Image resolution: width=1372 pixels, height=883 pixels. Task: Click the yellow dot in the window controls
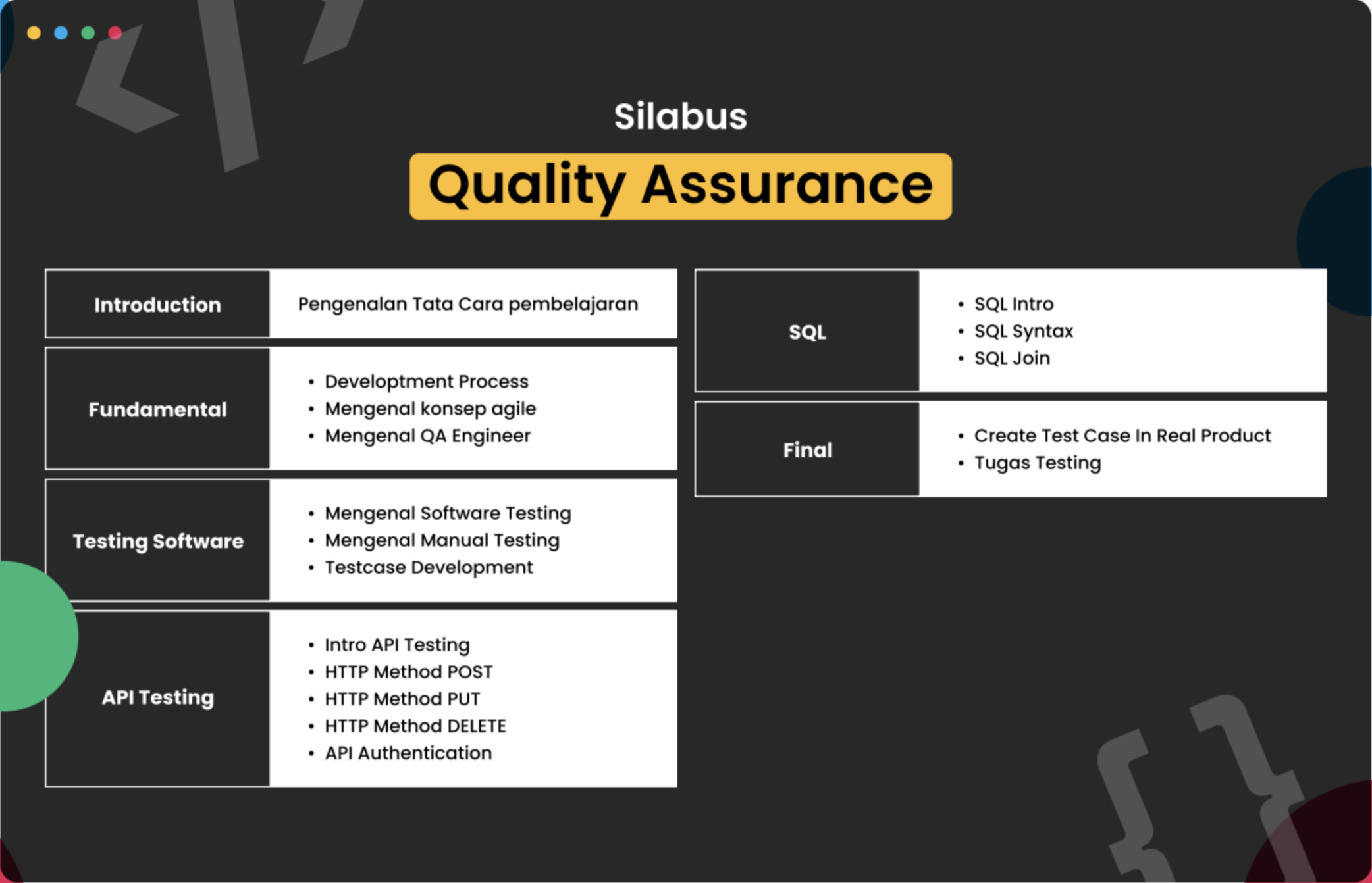coord(34,33)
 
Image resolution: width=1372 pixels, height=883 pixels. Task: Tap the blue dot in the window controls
coord(61,33)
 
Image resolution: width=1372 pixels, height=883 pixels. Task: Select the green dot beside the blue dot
coord(88,33)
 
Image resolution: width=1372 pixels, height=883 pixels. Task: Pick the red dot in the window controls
coord(115,33)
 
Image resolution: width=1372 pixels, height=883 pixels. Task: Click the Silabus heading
coord(681,116)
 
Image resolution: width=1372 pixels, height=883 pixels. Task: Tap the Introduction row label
coord(157,305)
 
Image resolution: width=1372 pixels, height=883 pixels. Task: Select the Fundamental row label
coord(158,409)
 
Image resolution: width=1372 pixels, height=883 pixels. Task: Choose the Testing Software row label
coord(158,542)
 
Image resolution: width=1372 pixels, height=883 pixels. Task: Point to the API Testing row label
coord(158,697)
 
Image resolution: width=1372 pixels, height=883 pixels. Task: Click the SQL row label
coord(807,332)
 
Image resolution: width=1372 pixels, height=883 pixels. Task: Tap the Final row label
coord(808,450)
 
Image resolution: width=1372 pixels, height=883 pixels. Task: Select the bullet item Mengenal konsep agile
coord(431,409)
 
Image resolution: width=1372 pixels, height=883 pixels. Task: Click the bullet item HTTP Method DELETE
coord(415,726)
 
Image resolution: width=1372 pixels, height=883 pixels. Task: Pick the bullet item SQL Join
coord(1012,358)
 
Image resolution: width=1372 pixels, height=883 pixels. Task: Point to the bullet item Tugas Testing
coord(1038,463)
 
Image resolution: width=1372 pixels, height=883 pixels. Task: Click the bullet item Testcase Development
coord(429,567)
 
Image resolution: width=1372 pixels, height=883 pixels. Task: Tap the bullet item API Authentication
coord(408,753)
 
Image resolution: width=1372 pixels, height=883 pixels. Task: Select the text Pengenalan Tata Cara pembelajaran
coord(468,304)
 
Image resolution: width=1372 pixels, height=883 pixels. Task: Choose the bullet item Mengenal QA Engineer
coord(428,436)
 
